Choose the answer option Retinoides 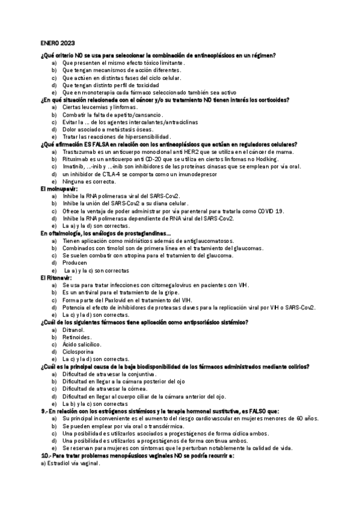[x=76, y=337]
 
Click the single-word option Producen [x=75, y=263]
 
